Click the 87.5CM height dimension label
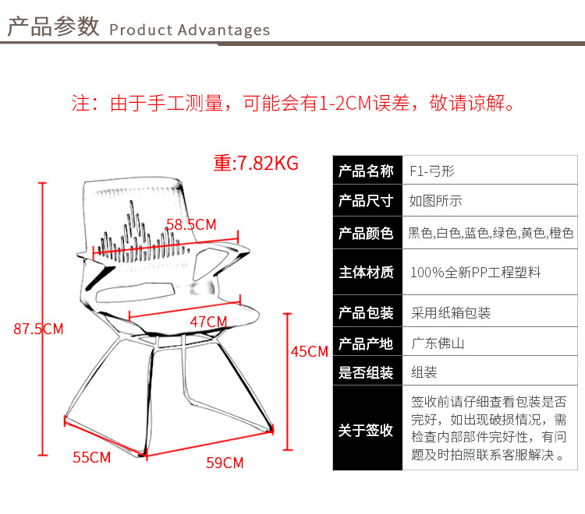pyautogui.click(x=38, y=329)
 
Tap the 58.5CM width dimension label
pyautogui.click(x=191, y=224)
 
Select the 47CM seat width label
pyautogui.click(x=208, y=322)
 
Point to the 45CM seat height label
pyautogui.click(x=310, y=351)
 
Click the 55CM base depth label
pyautogui.click(x=92, y=457)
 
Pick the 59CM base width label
pyautogui.click(x=225, y=463)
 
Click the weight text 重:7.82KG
pyautogui.click(x=256, y=163)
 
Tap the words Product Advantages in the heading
pyautogui.click(x=190, y=30)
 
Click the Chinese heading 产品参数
pyautogui.click(x=53, y=26)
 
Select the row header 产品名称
pyautogui.click(x=366, y=171)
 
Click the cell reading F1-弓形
pyautogui.click(x=432, y=171)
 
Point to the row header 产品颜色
pyautogui.click(x=366, y=233)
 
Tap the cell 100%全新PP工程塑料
pyautogui.click(x=476, y=273)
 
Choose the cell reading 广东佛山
pyautogui.click(x=438, y=343)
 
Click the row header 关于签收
pyautogui.click(x=366, y=430)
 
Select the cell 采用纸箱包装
pyautogui.click(x=451, y=313)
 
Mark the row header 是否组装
pyautogui.click(x=366, y=372)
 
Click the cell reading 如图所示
pyautogui.click(x=435, y=201)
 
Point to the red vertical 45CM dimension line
pyautogui.click(x=287, y=382)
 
